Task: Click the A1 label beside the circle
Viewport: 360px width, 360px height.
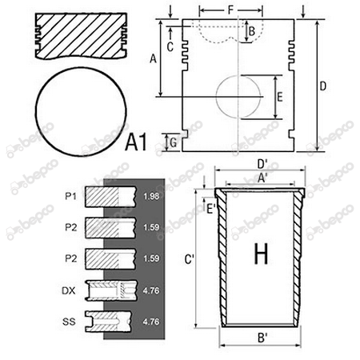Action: click(x=136, y=142)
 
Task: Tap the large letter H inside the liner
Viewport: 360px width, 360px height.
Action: click(x=261, y=254)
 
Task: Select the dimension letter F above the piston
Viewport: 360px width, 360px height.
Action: click(x=231, y=10)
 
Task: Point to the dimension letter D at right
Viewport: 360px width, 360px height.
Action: click(x=322, y=86)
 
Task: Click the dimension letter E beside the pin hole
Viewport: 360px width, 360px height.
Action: click(x=280, y=97)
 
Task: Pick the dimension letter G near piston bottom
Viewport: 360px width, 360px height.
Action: click(x=174, y=142)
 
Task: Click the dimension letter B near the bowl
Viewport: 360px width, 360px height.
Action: click(x=252, y=31)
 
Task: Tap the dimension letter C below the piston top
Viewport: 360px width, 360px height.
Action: click(x=170, y=47)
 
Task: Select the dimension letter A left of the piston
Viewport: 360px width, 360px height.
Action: click(x=153, y=58)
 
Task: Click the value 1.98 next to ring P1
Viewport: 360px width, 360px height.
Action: click(x=151, y=196)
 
